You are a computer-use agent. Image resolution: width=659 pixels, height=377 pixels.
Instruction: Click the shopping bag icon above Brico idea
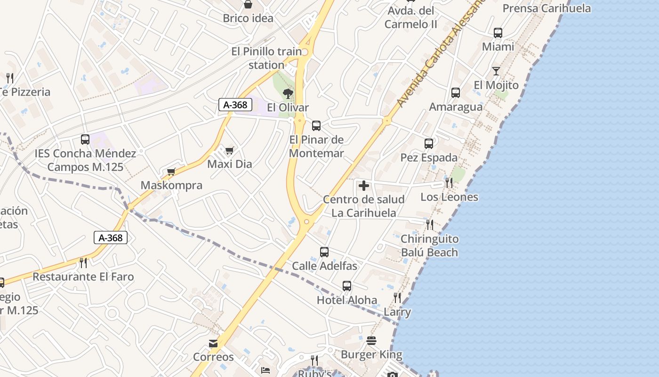(x=248, y=5)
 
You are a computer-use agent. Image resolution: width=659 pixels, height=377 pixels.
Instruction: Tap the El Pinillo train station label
(x=266, y=58)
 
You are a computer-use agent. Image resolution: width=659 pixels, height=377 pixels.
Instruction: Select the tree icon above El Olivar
(x=288, y=94)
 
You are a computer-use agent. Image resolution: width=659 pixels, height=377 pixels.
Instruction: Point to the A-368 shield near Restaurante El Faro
(x=111, y=238)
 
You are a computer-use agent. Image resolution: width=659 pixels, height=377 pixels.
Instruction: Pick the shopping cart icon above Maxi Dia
(x=229, y=151)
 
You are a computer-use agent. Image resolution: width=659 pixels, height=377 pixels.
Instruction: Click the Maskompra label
(x=171, y=185)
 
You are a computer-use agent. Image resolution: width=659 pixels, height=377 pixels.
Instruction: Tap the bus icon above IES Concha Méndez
(x=85, y=139)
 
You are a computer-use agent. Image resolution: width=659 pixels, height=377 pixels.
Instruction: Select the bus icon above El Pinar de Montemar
(x=316, y=126)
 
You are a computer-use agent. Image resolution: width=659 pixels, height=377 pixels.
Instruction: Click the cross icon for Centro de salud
(x=363, y=186)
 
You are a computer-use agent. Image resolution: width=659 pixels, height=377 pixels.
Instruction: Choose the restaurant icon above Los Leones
(x=449, y=183)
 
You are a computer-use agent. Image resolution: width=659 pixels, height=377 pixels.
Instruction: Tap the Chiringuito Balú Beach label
(x=429, y=246)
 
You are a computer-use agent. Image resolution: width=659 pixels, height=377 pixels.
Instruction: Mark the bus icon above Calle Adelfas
(x=324, y=252)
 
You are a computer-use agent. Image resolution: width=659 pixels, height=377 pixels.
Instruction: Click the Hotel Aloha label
(x=347, y=300)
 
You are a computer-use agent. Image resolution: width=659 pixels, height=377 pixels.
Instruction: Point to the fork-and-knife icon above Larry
(x=397, y=297)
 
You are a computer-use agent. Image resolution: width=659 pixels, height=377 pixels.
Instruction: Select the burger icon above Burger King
(x=371, y=341)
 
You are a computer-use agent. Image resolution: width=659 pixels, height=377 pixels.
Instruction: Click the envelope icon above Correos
(x=213, y=344)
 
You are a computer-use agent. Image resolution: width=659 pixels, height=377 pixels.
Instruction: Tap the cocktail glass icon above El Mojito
(x=496, y=71)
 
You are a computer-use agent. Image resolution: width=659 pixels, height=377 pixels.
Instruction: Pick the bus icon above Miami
(x=498, y=33)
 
